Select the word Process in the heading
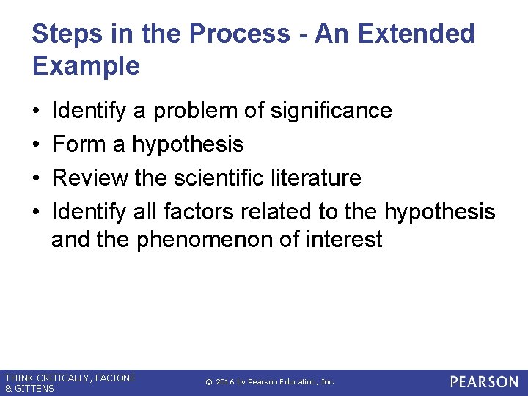click(x=239, y=34)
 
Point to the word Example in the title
click(x=86, y=66)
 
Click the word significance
click(x=331, y=111)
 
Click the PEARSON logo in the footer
click(x=484, y=382)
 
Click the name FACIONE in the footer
click(x=113, y=378)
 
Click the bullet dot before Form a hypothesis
click(x=36, y=144)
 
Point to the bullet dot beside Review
click(x=36, y=178)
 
